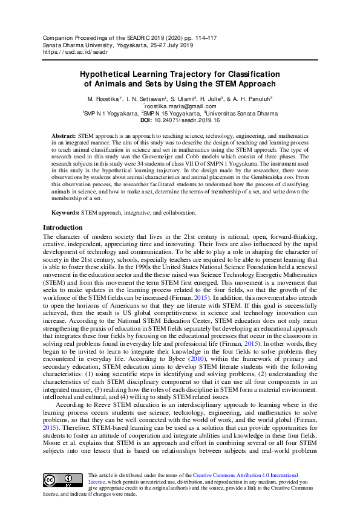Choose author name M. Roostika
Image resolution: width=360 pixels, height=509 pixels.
pos(105,99)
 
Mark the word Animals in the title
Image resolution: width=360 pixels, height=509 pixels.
pos(110,84)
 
